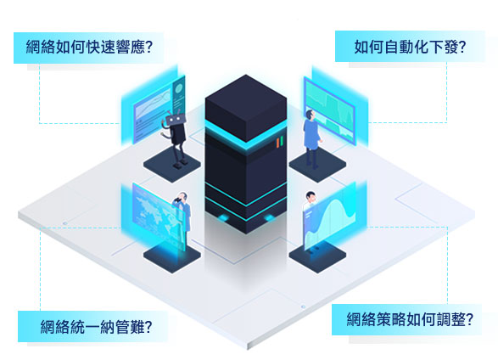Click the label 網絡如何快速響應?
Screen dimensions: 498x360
point(89,47)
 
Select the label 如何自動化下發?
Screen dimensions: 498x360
point(410,47)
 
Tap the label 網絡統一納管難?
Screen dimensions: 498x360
point(96,326)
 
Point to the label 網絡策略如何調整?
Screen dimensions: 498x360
point(410,319)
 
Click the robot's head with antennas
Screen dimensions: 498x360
point(175,119)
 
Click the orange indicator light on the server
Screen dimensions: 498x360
point(277,143)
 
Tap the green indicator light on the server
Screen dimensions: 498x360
point(282,141)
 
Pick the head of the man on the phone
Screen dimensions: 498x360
point(182,197)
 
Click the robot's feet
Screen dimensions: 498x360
point(181,163)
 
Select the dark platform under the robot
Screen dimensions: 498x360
point(172,165)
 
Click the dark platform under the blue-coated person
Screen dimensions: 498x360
point(317,166)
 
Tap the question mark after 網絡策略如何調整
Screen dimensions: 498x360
point(469,319)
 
